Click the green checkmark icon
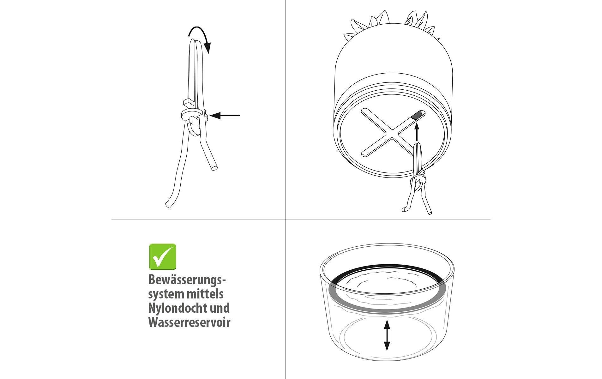[162, 256]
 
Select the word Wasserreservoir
[189, 322]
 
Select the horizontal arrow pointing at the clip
[225, 116]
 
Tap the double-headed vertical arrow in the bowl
[387, 335]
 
